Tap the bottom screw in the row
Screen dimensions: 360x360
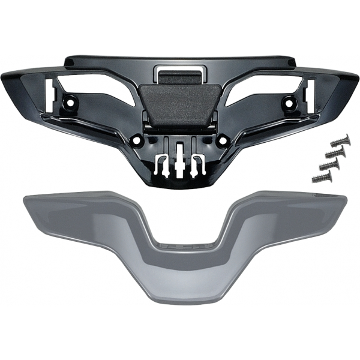point(321,177)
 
